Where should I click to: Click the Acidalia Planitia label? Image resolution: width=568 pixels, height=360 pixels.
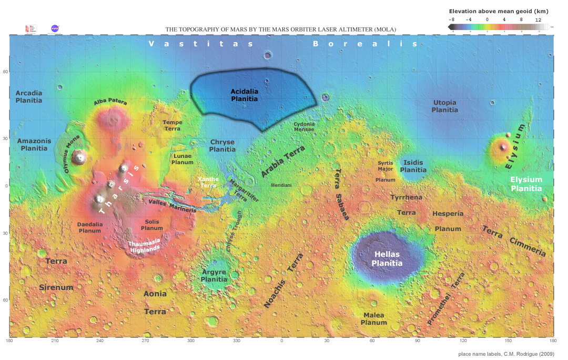pyautogui.click(x=245, y=95)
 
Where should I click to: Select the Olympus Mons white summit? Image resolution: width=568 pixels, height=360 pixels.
pyautogui.click(x=80, y=156)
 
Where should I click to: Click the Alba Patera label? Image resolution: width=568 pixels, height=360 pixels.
pyautogui.click(x=110, y=102)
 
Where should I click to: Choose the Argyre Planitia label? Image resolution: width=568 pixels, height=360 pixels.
pyautogui.click(x=214, y=276)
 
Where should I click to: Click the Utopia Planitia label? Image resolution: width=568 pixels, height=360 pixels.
pyautogui.click(x=444, y=106)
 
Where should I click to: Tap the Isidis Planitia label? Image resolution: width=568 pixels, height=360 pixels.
pyautogui.click(x=413, y=166)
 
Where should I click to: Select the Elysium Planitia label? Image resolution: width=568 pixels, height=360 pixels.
pyautogui.click(x=526, y=184)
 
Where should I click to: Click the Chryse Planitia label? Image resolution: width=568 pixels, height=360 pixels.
pyautogui.click(x=222, y=146)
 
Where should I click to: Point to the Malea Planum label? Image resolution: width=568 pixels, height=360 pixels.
pyautogui.click(x=373, y=318)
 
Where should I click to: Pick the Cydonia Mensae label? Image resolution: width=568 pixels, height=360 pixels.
pyautogui.click(x=304, y=126)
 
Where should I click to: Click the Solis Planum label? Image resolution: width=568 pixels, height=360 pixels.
pyautogui.click(x=152, y=225)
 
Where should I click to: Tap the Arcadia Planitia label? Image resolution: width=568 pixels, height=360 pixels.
pyautogui.click(x=28, y=96)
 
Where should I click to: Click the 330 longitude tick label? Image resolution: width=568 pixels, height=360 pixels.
pyautogui.click(x=237, y=341)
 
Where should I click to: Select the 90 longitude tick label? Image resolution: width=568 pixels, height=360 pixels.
pyautogui.click(x=418, y=341)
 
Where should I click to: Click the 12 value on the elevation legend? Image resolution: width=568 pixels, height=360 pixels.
pyautogui.click(x=537, y=19)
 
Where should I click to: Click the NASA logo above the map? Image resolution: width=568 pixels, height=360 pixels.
pyautogui.click(x=55, y=28)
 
